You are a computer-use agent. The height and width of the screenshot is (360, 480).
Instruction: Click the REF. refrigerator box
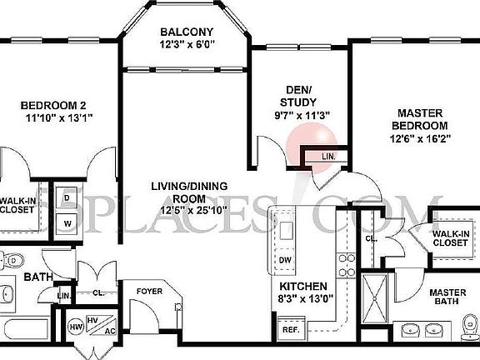(291, 330)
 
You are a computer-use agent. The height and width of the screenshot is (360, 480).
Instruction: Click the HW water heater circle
(75, 326)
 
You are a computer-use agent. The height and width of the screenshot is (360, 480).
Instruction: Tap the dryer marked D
(67, 198)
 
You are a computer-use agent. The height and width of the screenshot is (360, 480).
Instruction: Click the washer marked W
(67, 222)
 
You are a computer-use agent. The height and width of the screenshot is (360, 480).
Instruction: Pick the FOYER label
(150, 291)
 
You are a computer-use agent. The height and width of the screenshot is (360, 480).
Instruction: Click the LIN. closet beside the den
(328, 156)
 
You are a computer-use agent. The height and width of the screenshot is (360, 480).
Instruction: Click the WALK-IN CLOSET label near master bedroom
(450, 239)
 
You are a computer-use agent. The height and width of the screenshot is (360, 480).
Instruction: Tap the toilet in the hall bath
(10, 260)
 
